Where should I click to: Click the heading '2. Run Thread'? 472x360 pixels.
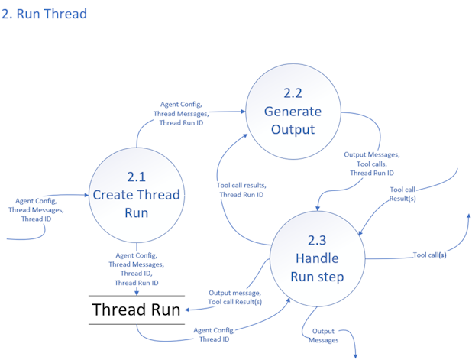[x=45, y=14]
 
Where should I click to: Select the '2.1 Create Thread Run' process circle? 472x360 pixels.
[x=136, y=194]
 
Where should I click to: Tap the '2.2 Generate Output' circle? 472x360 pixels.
[x=293, y=112]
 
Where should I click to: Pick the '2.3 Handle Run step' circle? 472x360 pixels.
[x=319, y=258]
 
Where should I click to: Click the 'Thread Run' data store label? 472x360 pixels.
[x=137, y=310]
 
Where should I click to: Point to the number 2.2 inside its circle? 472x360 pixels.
[x=293, y=93]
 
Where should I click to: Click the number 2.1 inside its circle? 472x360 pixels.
[x=136, y=177]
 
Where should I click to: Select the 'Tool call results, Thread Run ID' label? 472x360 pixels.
[x=241, y=190]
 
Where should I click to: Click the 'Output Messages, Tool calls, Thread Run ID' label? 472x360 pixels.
[x=372, y=164]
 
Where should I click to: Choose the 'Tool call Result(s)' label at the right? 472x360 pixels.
[x=402, y=193]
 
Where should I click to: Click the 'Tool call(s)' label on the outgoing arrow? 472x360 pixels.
[x=430, y=255]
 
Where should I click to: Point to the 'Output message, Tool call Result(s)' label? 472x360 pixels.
[x=234, y=297]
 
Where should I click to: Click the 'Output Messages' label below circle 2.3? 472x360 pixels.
[x=324, y=336]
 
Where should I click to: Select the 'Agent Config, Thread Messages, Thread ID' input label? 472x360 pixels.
[x=36, y=209]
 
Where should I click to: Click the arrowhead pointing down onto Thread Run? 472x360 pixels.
[x=136, y=291]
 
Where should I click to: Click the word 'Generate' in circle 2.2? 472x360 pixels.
[x=293, y=112]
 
